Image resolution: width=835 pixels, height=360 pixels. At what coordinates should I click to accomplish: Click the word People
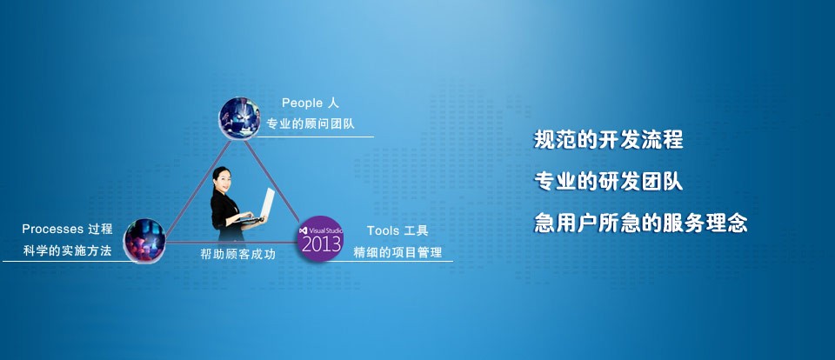click(x=302, y=103)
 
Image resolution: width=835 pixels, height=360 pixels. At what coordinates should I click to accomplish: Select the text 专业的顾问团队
click(x=311, y=124)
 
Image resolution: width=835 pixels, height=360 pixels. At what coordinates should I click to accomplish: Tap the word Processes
click(x=53, y=229)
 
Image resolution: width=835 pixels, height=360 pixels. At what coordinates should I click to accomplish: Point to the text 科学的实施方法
click(x=67, y=250)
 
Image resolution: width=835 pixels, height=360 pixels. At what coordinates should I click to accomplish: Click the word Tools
click(x=383, y=230)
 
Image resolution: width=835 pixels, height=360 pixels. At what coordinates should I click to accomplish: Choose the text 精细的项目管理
click(x=397, y=252)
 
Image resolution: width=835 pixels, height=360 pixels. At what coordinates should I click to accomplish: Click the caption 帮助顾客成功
click(x=237, y=255)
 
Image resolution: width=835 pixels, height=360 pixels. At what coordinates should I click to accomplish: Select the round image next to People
click(x=240, y=118)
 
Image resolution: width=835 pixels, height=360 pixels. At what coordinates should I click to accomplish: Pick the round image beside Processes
click(x=145, y=240)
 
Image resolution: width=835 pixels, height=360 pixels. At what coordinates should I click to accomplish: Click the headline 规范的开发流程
click(x=608, y=140)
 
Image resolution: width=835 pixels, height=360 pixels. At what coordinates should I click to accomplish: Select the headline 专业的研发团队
click(x=608, y=182)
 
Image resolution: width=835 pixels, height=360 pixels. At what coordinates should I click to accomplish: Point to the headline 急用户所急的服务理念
click(x=641, y=223)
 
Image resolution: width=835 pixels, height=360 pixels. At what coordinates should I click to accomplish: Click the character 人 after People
click(x=333, y=103)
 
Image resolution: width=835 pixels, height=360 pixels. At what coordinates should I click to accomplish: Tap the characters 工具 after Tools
click(x=417, y=230)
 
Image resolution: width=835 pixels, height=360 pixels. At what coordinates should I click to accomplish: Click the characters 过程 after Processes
click(x=101, y=229)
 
